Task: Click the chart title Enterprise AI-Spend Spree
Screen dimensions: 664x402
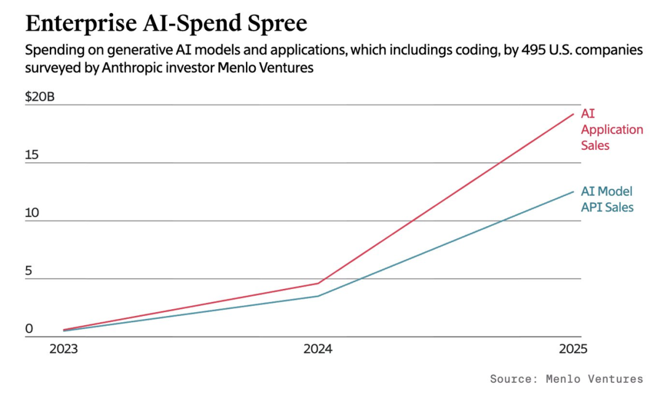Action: point(166,24)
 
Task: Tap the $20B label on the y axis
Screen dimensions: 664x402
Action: point(40,97)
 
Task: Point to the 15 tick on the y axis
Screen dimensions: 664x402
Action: point(32,155)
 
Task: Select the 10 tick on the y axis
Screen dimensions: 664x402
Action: point(32,213)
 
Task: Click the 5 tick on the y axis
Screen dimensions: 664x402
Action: point(28,271)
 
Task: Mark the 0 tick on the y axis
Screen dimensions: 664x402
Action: point(29,328)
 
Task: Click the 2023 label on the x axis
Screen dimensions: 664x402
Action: point(63,349)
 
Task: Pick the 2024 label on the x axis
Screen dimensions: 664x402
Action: point(318,349)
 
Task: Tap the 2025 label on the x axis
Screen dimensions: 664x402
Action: point(574,349)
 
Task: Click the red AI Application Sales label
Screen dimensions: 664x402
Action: point(612,130)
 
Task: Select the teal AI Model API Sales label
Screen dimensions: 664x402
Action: point(607,199)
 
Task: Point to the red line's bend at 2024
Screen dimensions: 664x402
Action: point(318,283)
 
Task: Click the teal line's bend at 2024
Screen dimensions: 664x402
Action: point(318,296)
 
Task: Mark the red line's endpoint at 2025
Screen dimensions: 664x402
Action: point(574,114)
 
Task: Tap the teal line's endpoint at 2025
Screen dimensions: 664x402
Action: point(574,192)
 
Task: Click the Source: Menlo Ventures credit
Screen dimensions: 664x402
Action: point(567,379)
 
